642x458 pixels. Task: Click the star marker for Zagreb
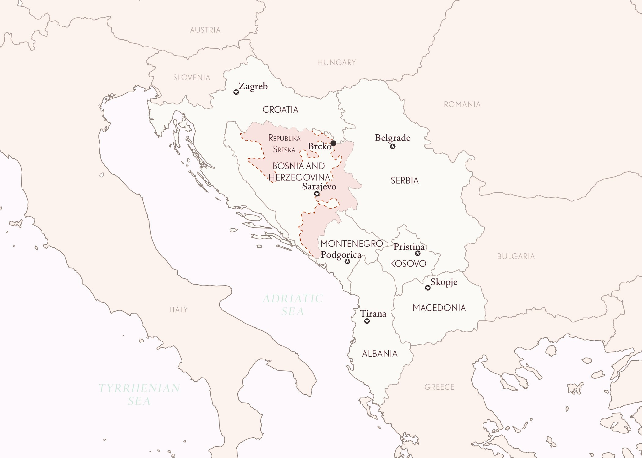coord(236,92)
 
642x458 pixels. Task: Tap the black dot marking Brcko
coord(334,143)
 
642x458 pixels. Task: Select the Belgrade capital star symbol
coord(393,147)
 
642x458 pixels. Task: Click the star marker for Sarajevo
coord(317,194)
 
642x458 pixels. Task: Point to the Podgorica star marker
coord(347,261)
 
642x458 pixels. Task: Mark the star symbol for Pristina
coord(418,253)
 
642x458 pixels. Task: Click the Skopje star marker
coord(428,288)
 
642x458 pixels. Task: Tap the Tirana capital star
coord(367,321)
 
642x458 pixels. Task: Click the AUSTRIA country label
coord(205,30)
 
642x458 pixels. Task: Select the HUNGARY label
coord(337,63)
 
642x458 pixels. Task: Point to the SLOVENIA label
coord(192,78)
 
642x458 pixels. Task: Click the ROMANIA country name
coord(462,104)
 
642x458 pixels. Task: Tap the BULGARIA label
coord(516,256)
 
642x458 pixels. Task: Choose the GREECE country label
coord(439,387)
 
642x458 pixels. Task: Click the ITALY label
coord(179,310)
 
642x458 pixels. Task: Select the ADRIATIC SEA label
coord(293,305)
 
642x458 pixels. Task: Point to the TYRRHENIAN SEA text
coord(139,394)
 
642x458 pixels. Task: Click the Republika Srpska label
coord(284,144)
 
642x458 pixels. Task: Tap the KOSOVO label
coord(408,264)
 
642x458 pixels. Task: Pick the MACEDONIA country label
coord(439,308)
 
